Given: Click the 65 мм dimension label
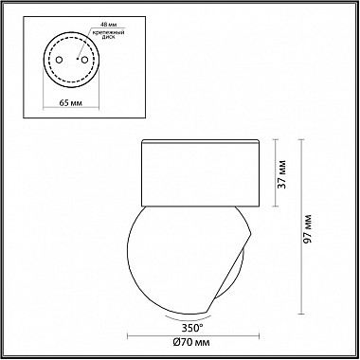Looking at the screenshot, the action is coord(71,103).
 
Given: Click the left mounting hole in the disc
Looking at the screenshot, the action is coord(59,60).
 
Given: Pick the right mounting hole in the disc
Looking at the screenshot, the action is coord(84,59).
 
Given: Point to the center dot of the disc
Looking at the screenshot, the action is coord(77,59).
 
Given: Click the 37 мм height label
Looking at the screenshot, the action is coord(282,174).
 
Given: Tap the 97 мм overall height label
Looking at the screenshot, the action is coord(308,228).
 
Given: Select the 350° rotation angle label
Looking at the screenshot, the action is coord(192,328).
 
